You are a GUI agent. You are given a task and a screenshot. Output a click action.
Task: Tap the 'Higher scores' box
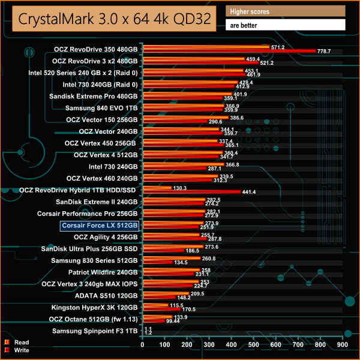pyautogui.click(x=286, y=11)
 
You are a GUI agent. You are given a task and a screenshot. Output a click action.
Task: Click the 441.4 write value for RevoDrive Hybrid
pyautogui.click(x=250, y=192)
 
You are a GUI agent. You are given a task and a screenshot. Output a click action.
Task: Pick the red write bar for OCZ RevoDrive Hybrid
pyautogui.click(x=191, y=192)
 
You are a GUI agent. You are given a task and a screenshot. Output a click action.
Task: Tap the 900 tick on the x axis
pyautogui.click(x=342, y=345)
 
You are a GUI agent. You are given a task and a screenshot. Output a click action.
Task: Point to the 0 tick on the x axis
pyautogui.click(x=142, y=345)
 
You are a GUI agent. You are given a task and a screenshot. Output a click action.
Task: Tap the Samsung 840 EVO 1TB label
pyautogui.click(x=103, y=108)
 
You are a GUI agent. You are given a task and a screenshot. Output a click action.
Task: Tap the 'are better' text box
pyautogui.click(x=286, y=25)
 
